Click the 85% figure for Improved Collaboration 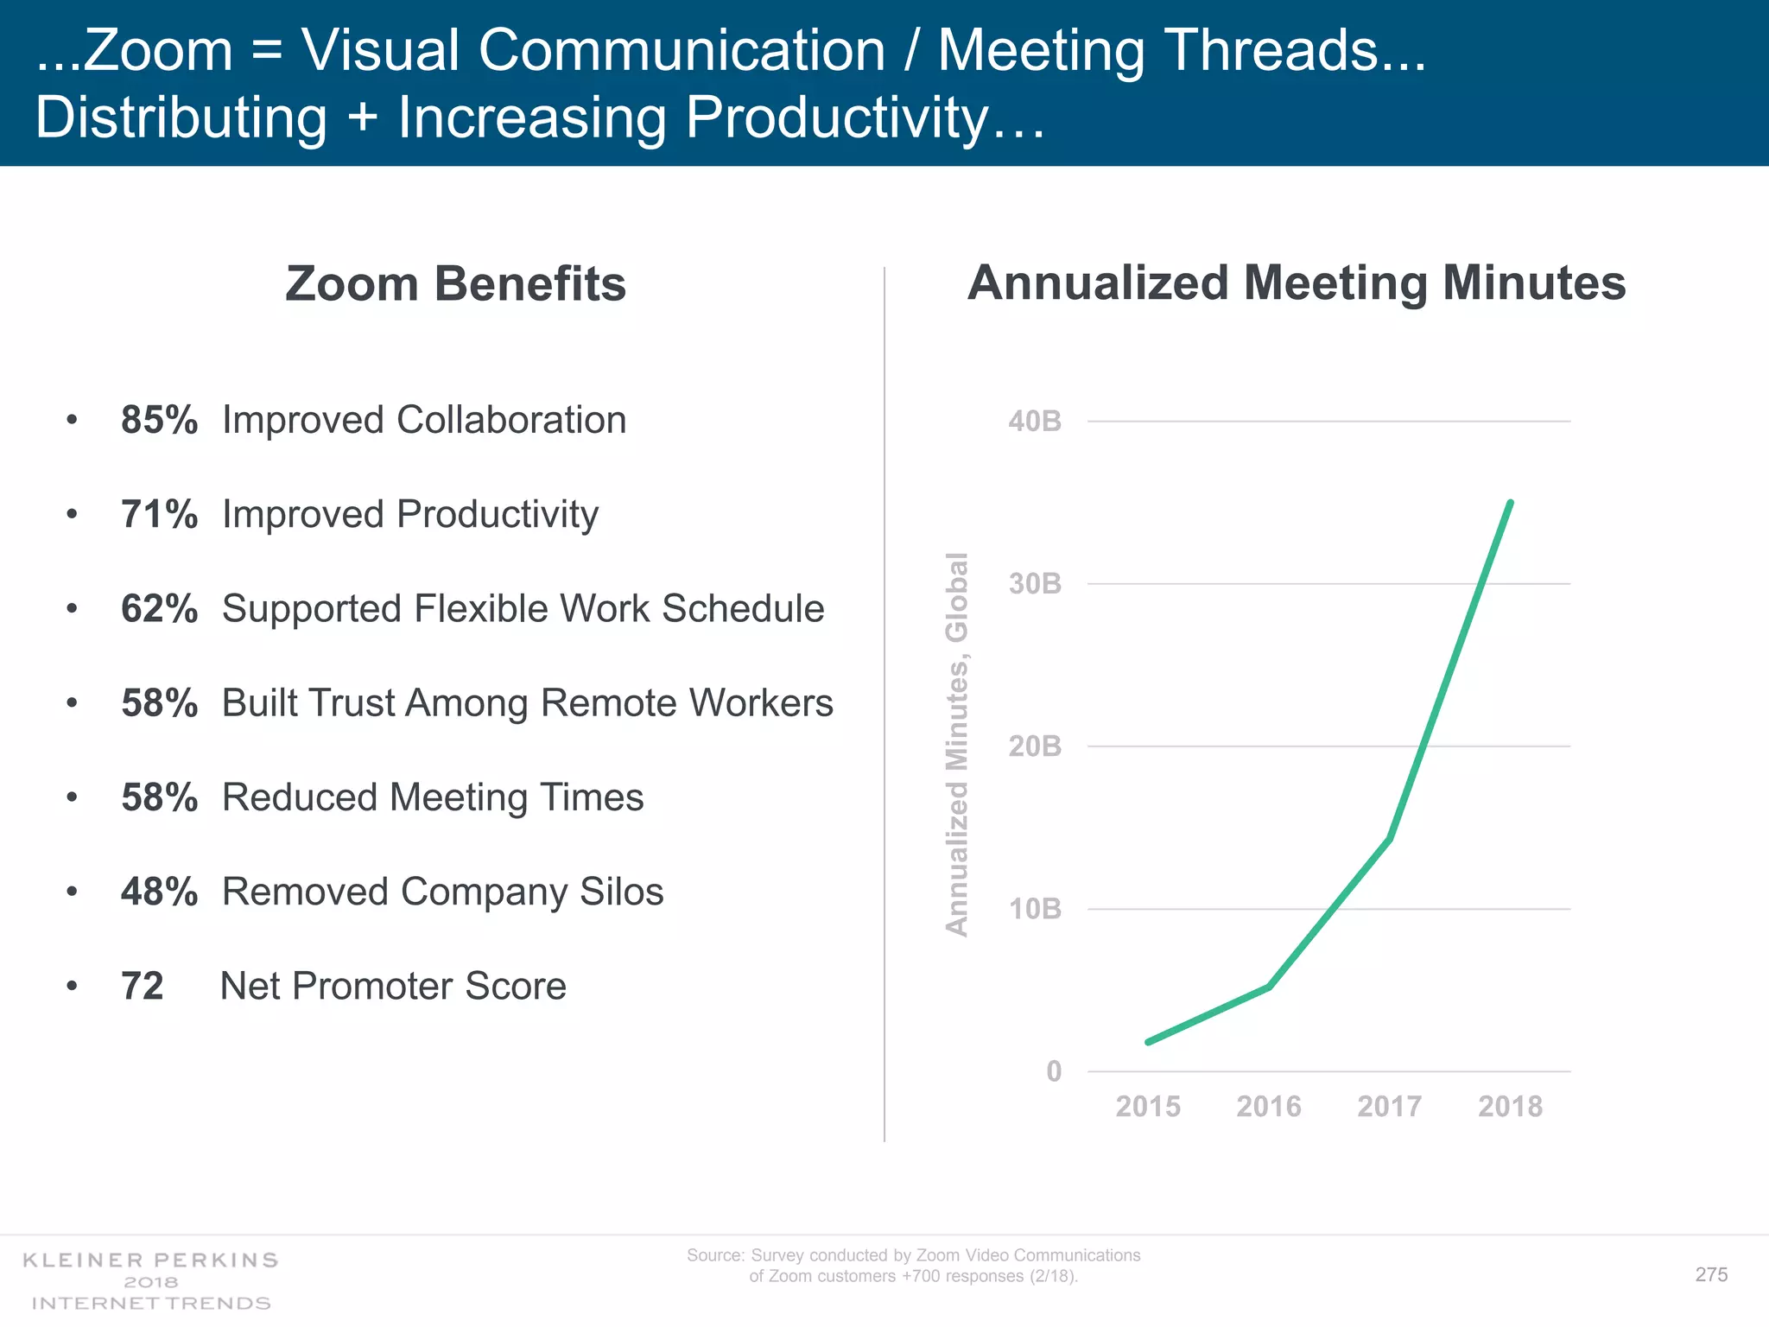tap(159, 421)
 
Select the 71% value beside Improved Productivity tap(159, 515)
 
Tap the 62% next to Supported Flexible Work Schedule tap(159, 609)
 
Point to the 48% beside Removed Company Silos tap(159, 892)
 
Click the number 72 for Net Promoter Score tap(143, 987)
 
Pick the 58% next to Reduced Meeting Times tap(159, 798)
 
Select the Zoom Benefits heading tap(455, 284)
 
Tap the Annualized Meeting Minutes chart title tap(1296, 283)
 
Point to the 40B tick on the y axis tap(1034, 422)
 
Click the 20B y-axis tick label tap(1034, 746)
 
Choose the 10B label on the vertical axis tap(1034, 909)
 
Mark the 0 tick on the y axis tap(1053, 1071)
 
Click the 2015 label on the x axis tap(1147, 1107)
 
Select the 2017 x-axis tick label tap(1389, 1107)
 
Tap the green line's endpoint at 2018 tap(1510, 503)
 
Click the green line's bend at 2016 tap(1268, 987)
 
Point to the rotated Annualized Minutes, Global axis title tap(957, 744)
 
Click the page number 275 tap(1711, 1274)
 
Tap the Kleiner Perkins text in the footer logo tap(150, 1260)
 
